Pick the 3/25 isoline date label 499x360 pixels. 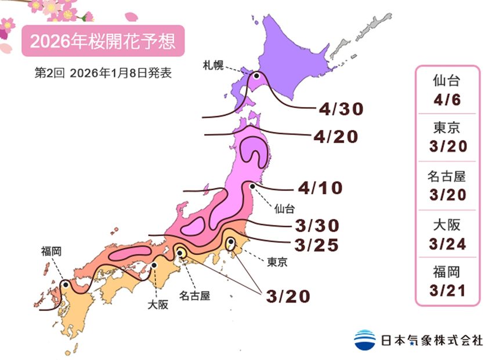(x=317, y=245)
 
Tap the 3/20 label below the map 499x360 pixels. (x=288, y=296)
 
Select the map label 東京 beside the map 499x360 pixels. (x=277, y=261)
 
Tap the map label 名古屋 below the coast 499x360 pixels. (x=194, y=296)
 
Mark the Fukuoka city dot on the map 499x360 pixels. (x=66, y=285)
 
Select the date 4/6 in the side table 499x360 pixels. (x=448, y=100)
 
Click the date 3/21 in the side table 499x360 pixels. (x=448, y=290)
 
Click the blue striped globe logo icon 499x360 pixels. (x=365, y=340)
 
